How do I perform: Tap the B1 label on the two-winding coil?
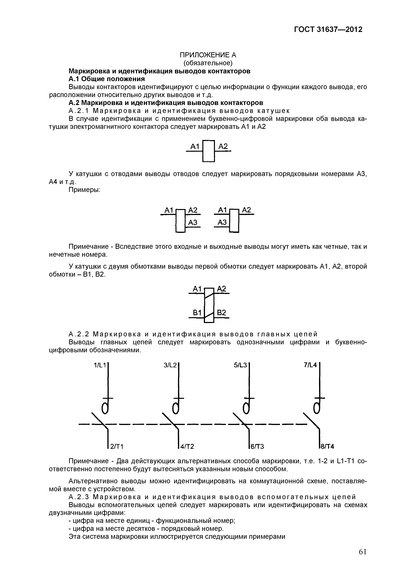click(x=197, y=313)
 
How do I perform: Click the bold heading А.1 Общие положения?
click(x=107, y=79)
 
